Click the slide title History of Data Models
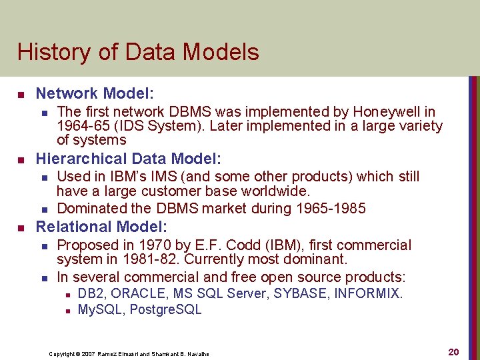click(x=138, y=52)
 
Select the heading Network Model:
click(x=85, y=93)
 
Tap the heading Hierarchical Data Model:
click(x=128, y=159)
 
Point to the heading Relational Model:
click(x=101, y=227)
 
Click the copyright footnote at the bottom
click(x=129, y=354)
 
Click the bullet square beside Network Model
click(x=21, y=94)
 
